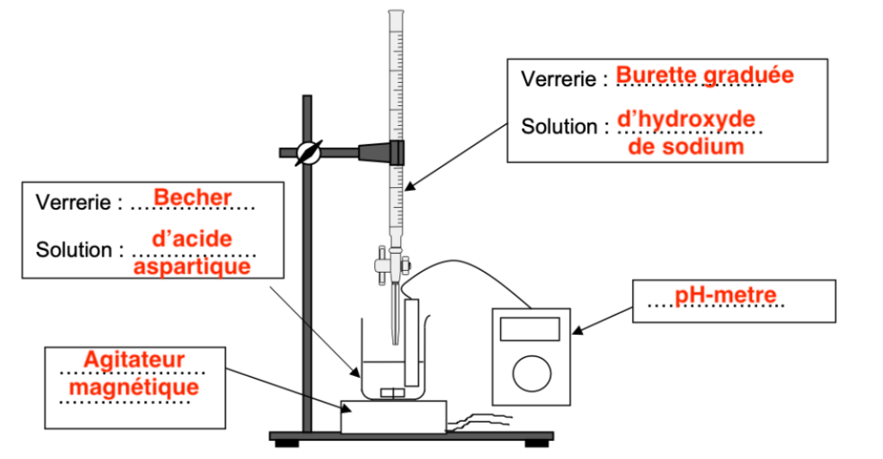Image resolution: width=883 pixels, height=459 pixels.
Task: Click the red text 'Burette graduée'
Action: click(704, 76)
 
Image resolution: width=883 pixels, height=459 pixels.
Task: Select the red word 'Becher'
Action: click(192, 198)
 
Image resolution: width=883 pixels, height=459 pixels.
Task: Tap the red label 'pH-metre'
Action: click(725, 297)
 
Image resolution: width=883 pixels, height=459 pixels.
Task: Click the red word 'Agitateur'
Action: click(135, 359)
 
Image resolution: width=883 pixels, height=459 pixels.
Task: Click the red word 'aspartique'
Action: click(192, 267)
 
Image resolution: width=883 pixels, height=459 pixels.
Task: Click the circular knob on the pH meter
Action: click(530, 374)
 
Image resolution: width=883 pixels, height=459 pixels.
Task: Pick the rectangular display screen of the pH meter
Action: click(530, 328)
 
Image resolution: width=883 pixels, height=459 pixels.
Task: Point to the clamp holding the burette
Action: click(379, 152)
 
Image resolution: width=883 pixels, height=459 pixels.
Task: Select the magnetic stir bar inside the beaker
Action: click(393, 393)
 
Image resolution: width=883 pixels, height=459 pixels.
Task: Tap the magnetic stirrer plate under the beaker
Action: click(393, 416)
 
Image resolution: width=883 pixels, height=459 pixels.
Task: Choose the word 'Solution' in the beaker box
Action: click(74, 250)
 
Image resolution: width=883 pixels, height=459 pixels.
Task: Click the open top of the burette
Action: click(395, 12)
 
